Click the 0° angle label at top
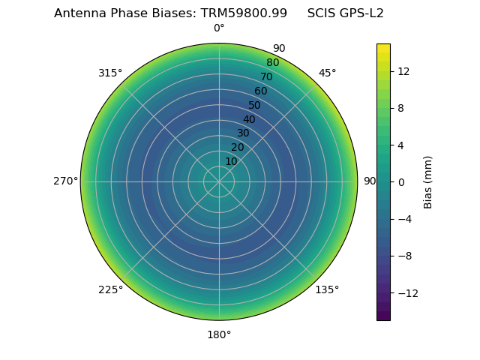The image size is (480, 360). point(219,28)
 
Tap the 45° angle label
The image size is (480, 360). point(327,73)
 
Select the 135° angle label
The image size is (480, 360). point(327,289)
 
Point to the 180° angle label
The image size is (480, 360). point(219,334)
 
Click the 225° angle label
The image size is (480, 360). point(110,289)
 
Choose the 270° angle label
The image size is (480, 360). point(65,181)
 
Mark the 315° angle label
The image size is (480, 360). point(110,73)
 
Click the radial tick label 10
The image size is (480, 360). point(231,161)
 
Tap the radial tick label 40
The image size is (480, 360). point(249,119)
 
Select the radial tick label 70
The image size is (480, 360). point(266,77)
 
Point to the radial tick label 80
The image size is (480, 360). point(272,63)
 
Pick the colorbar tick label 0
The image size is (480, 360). point(400,182)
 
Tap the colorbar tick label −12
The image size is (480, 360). point(406,293)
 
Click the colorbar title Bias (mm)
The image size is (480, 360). point(428,182)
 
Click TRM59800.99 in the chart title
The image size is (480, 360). point(244,13)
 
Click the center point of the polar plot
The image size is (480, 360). point(219,181)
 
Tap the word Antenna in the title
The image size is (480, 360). point(79,13)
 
